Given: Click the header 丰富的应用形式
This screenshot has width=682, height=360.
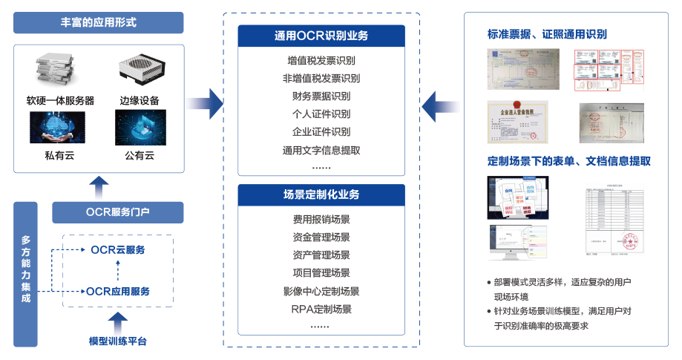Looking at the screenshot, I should [99, 22].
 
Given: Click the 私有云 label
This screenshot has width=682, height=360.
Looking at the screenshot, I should [59, 156].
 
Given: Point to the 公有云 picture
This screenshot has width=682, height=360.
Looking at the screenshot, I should [140, 127].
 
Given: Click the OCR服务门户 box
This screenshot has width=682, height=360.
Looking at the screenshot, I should [117, 212].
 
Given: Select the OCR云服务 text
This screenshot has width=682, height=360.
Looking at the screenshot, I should [118, 249].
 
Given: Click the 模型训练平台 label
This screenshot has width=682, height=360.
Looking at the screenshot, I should [117, 341].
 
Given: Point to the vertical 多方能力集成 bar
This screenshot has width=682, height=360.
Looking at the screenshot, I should [26, 273].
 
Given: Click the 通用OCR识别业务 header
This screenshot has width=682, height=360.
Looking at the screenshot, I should [321, 36].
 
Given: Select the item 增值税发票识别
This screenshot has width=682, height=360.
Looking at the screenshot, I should [321, 60].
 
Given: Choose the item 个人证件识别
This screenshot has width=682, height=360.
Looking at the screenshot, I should [321, 114].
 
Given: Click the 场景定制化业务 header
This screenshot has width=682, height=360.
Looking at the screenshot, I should [321, 194].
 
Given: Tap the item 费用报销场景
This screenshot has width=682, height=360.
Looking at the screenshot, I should [321, 220].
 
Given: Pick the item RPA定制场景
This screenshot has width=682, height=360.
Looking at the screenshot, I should [321, 309].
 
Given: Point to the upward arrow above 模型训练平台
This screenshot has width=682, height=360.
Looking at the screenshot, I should [117, 321].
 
